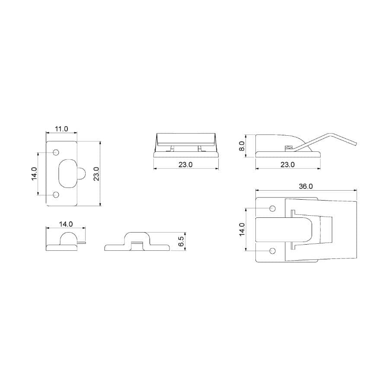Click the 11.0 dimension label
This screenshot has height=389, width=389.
click(x=61, y=129)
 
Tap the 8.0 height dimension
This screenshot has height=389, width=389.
click(x=242, y=146)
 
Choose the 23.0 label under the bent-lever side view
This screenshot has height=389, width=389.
click(x=287, y=165)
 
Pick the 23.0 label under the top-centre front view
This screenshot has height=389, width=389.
click(x=186, y=165)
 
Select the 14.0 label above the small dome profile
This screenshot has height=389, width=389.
click(x=66, y=224)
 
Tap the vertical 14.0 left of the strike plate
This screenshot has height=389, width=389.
click(x=35, y=174)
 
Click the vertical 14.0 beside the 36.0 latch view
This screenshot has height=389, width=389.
click(x=242, y=230)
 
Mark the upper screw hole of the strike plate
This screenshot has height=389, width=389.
click(x=56, y=153)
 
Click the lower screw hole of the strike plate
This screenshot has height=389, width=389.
click(x=56, y=194)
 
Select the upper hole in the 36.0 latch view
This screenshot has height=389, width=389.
click(x=272, y=209)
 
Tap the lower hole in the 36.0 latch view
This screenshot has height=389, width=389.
click(x=272, y=251)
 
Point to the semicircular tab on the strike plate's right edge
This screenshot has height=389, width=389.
click(x=81, y=174)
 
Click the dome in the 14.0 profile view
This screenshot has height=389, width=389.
click(x=67, y=238)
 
